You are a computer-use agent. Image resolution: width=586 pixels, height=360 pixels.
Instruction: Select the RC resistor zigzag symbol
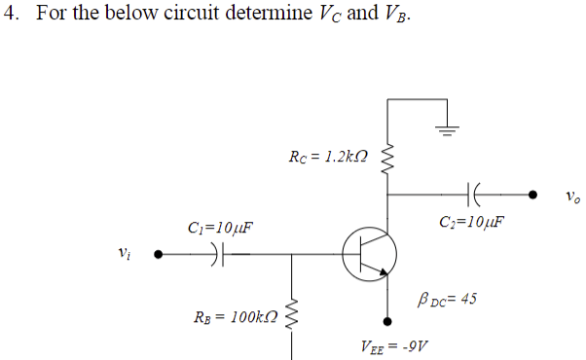pyautogui.click(x=390, y=158)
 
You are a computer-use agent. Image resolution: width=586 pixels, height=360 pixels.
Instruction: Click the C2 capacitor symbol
pyautogui.click(x=474, y=194)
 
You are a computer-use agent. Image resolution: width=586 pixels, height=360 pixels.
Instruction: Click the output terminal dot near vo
pyautogui.click(x=532, y=194)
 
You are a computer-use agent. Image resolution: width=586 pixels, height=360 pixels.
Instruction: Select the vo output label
pyautogui.click(x=571, y=198)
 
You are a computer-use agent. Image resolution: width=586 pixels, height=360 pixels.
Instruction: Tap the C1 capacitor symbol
pyautogui.click(x=219, y=255)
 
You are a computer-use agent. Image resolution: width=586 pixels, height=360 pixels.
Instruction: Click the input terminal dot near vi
pyautogui.click(x=158, y=255)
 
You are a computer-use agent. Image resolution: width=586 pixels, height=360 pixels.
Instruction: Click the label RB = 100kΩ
pyautogui.click(x=238, y=318)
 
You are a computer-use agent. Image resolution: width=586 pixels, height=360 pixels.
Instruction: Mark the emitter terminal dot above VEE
pyautogui.click(x=390, y=318)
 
